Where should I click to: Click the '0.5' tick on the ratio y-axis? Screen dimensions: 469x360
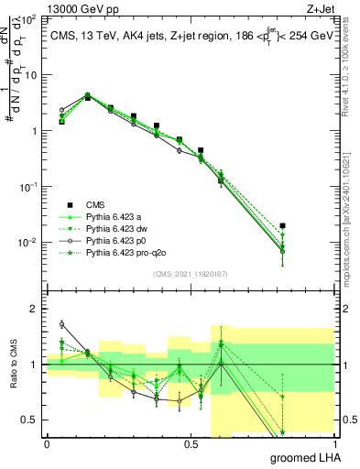pos(29,420)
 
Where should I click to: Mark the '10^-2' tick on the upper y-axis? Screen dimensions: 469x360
pos(27,243)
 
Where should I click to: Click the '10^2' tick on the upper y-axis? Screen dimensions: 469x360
pos(27,18)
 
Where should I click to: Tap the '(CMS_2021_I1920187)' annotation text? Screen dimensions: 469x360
pos(190,274)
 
